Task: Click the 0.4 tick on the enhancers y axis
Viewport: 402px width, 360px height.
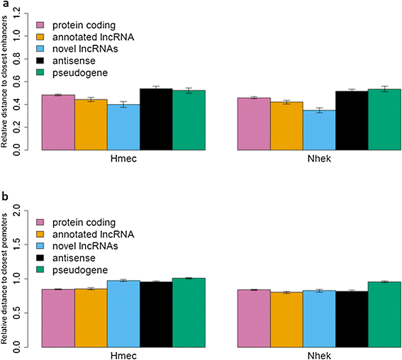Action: click(x=27, y=105)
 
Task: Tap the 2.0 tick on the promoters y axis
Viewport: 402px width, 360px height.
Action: click(x=27, y=210)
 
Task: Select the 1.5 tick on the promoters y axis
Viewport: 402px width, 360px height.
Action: click(x=27, y=244)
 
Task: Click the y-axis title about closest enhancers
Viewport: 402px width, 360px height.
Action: click(x=7, y=83)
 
